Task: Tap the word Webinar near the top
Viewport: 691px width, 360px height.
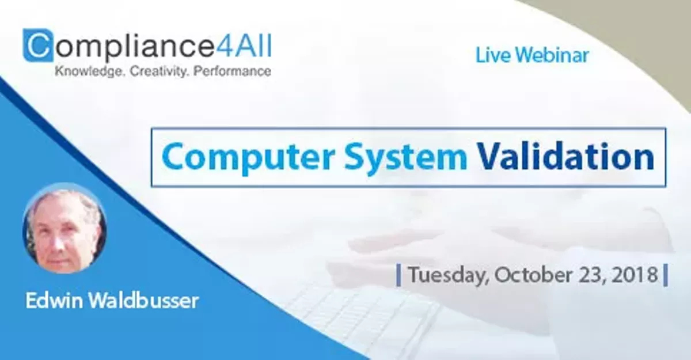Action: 552,55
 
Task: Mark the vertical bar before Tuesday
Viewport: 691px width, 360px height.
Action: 398,275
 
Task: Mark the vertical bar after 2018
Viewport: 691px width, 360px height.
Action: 666,275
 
